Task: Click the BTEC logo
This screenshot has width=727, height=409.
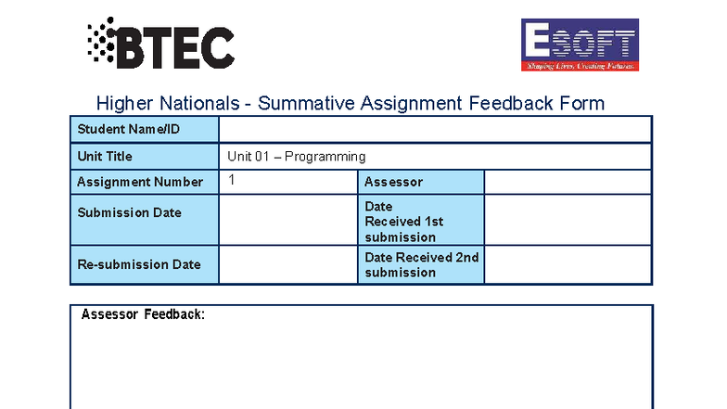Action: coord(160,45)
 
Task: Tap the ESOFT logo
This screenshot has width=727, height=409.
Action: coord(580,45)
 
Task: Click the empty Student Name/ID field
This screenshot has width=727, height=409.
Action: coord(435,129)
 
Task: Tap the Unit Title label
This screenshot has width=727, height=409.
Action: coord(105,157)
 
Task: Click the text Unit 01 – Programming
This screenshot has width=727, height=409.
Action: coord(297,157)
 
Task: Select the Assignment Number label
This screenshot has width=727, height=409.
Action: coord(140,182)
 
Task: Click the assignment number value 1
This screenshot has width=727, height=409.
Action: coord(232,180)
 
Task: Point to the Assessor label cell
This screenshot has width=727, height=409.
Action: coord(393,182)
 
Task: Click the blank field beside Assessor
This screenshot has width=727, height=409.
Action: coord(568,182)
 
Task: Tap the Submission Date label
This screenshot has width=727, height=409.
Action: coord(129,212)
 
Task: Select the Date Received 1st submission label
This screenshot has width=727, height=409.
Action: coord(404,222)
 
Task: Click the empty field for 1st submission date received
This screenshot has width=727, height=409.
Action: coord(568,220)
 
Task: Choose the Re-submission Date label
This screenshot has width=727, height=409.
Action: coord(139,264)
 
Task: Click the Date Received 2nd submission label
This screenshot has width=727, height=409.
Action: coord(421,264)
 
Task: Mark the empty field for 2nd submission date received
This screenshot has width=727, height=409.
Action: coord(568,264)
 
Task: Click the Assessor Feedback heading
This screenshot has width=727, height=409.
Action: coord(143,314)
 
